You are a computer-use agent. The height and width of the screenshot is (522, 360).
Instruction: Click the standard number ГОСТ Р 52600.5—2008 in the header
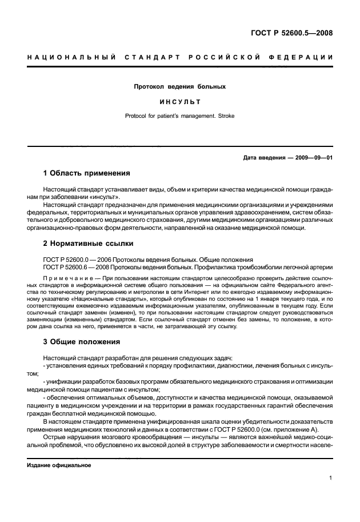pos(291,33)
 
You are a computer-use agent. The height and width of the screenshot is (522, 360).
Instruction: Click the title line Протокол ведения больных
pos(179,87)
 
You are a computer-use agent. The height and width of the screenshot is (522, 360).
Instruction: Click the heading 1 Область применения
pos(86,173)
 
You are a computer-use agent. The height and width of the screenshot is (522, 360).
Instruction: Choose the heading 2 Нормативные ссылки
pos(88,244)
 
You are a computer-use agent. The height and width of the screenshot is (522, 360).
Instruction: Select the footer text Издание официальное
pos(59,465)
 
